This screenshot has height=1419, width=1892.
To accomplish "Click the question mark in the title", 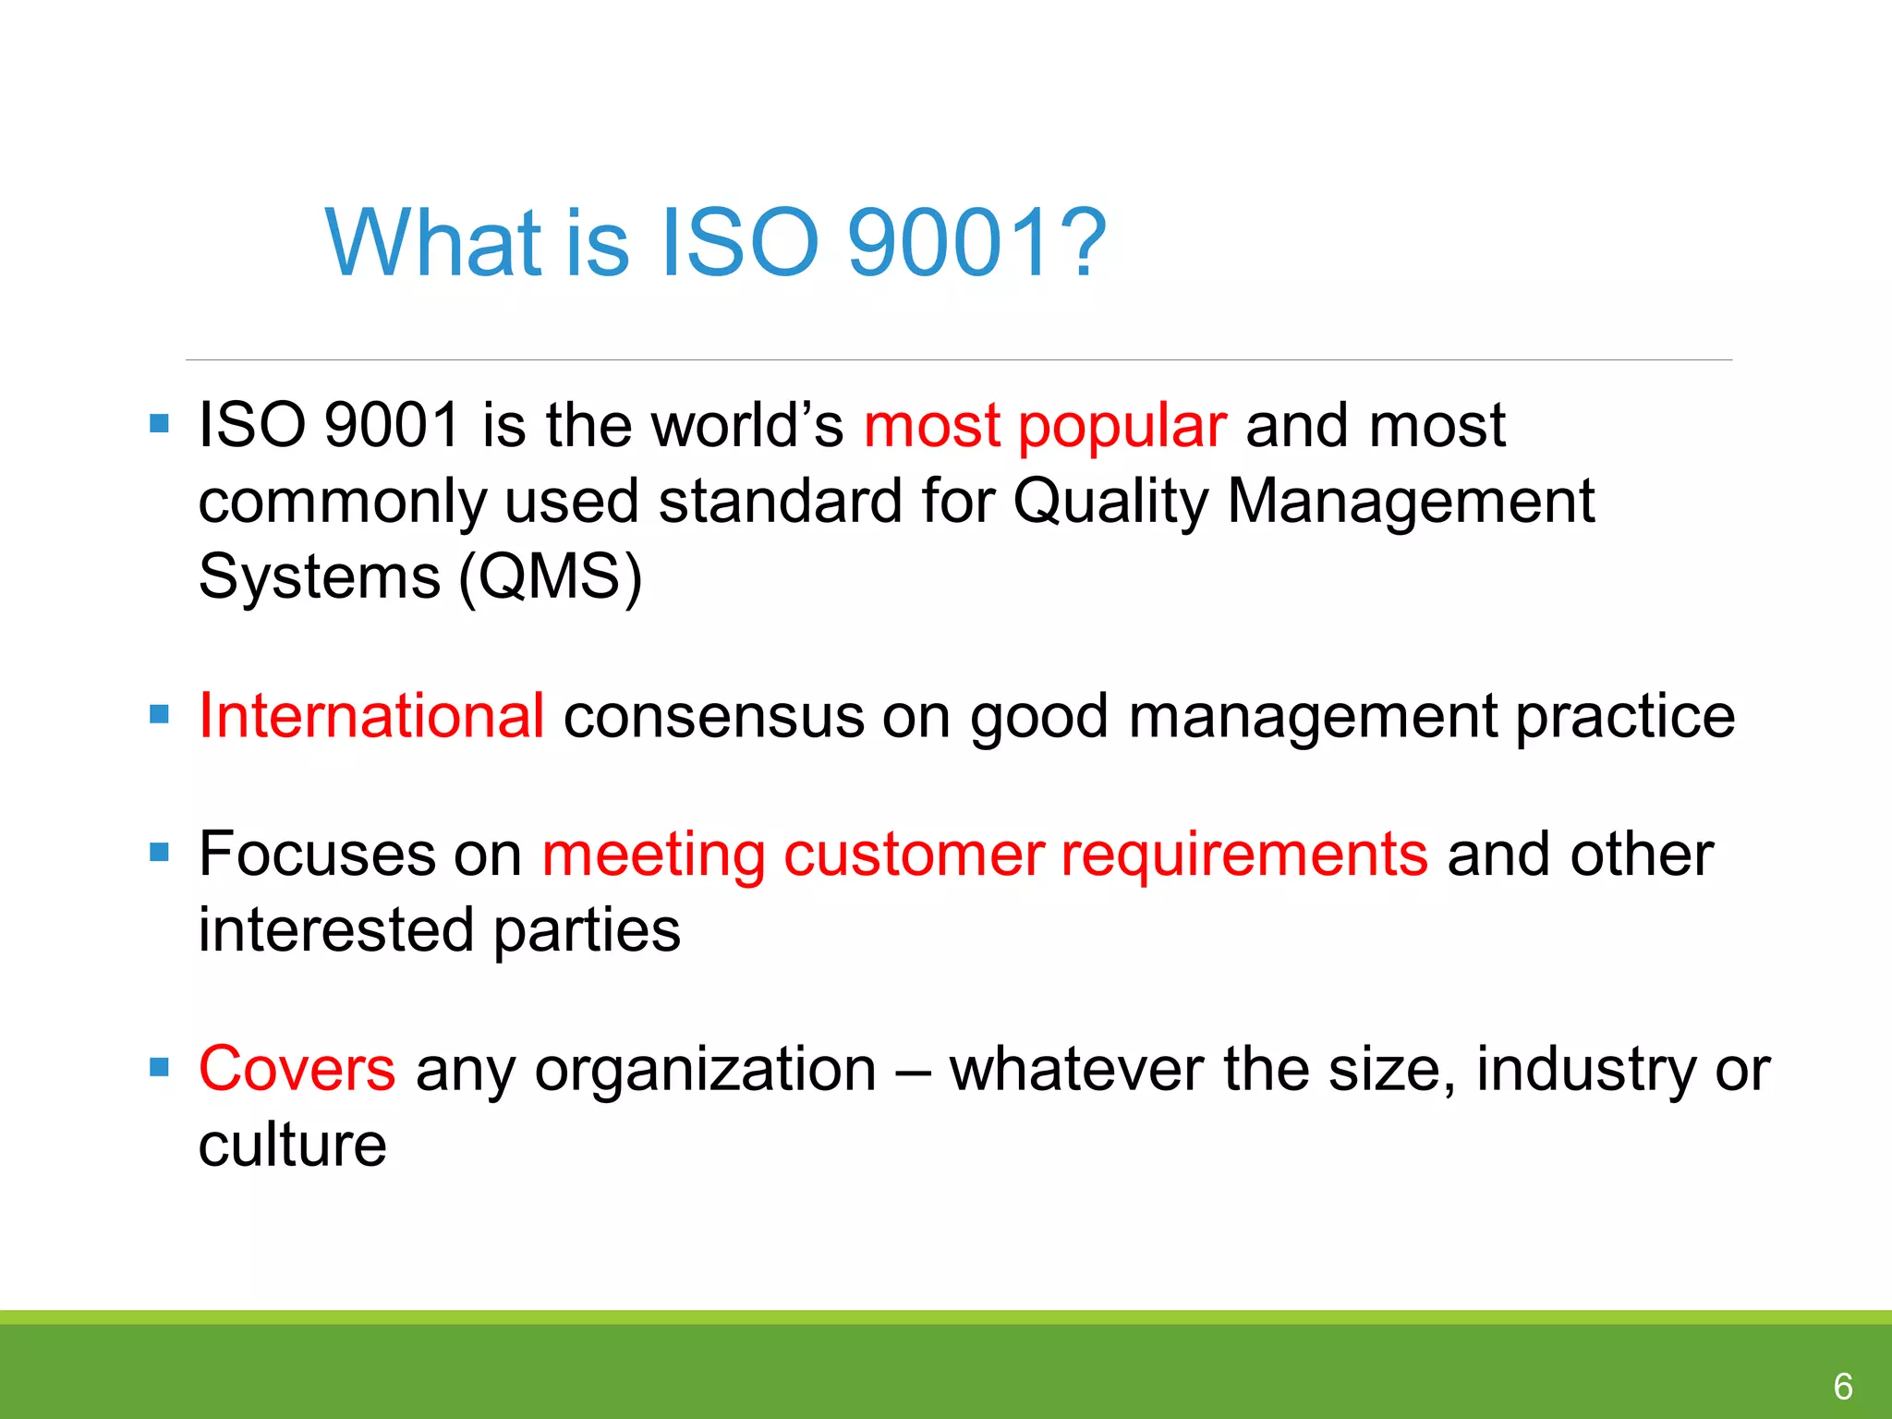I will [x=1080, y=242].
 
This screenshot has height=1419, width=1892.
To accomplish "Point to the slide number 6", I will [x=1843, y=1386].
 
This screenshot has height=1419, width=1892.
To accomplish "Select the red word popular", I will [x=1122, y=427].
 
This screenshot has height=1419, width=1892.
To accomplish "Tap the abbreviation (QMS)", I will [x=550, y=577].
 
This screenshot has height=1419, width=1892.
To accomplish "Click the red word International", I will [x=371, y=716].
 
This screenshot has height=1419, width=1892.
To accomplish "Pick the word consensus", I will [x=713, y=716].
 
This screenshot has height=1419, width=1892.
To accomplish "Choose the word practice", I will [x=1625, y=716].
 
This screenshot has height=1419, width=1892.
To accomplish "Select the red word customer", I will [x=914, y=855].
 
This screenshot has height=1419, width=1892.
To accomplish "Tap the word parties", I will [x=587, y=930].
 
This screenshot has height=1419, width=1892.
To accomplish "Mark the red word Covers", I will [x=297, y=1069].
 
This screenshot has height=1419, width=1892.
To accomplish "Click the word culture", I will [x=292, y=1146].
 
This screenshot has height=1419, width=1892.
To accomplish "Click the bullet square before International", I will [x=159, y=714].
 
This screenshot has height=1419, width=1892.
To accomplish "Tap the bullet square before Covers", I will [x=159, y=1068].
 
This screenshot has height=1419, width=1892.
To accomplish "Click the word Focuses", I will [x=317, y=855].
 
